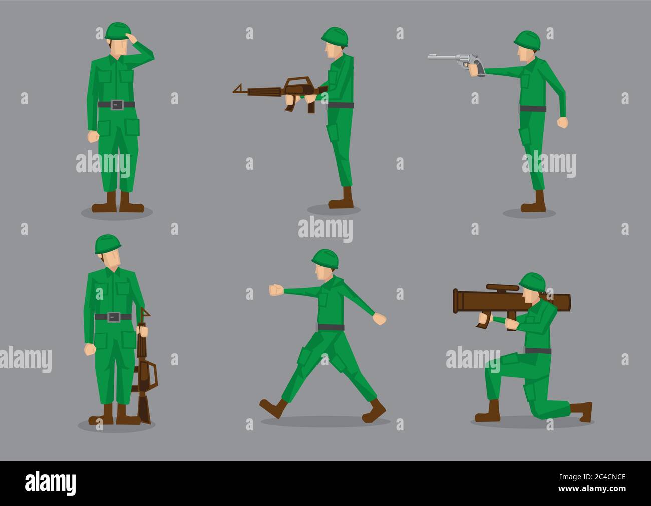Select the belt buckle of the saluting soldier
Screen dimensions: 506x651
[x=116, y=104]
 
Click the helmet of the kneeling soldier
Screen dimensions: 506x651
[x=532, y=282]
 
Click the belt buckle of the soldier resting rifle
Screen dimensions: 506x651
[x=113, y=316]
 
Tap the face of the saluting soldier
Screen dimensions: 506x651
[x=116, y=48]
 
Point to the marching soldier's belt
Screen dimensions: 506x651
[x=331, y=327]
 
